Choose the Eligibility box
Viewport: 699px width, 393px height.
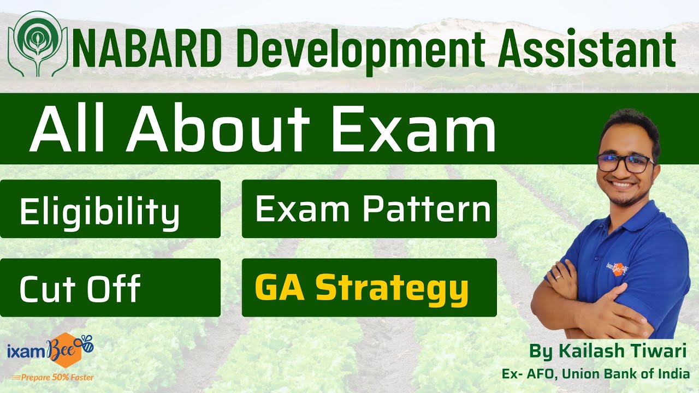pyautogui.click(x=110, y=210)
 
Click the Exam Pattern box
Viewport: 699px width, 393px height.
pyautogui.click(x=369, y=209)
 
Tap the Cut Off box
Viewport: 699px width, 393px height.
pyautogui.click(x=110, y=288)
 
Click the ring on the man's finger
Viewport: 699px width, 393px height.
pyautogui.click(x=558, y=277)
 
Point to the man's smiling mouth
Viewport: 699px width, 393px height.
pyautogui.click(x=623, y=185)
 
